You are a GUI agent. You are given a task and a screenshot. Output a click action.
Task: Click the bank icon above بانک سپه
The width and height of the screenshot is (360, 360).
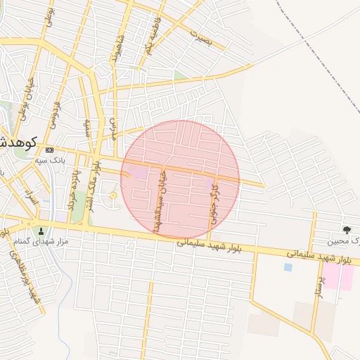49,150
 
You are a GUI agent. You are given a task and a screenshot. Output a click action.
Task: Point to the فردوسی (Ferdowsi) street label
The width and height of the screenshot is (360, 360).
54,116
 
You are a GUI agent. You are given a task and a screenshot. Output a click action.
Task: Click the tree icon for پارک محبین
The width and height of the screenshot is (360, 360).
346,230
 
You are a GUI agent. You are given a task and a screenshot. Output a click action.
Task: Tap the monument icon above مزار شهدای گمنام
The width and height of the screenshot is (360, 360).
41,231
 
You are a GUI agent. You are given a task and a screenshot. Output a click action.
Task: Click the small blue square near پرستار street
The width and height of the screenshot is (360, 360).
288,267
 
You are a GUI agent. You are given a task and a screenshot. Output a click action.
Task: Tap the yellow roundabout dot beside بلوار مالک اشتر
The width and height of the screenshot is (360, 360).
113,195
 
